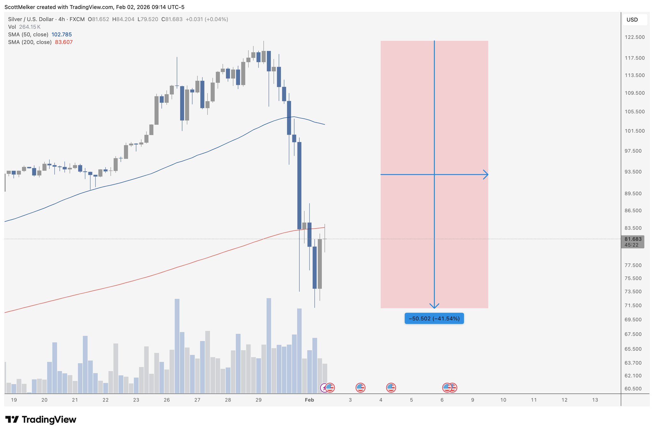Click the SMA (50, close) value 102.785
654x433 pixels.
(62, 34)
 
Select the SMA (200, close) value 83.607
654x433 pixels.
(64, 42)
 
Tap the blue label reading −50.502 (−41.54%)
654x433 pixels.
(434, 318)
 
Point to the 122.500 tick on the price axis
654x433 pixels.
(635, 37)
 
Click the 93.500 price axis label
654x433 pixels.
(635, 172)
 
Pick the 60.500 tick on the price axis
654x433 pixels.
(635, 389)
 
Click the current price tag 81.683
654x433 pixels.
(633, 239)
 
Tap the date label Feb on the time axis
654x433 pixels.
(309, 400)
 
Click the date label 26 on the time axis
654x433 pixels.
(167, 400)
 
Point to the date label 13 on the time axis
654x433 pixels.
(595, 400)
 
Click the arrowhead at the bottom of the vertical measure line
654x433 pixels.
(434, 306)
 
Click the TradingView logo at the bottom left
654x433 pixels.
(41, 420)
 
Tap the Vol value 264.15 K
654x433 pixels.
(30, 27)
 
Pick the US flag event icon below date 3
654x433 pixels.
(360, 388)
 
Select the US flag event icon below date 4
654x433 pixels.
(391, 388)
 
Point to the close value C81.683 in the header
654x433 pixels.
(172, 19)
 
